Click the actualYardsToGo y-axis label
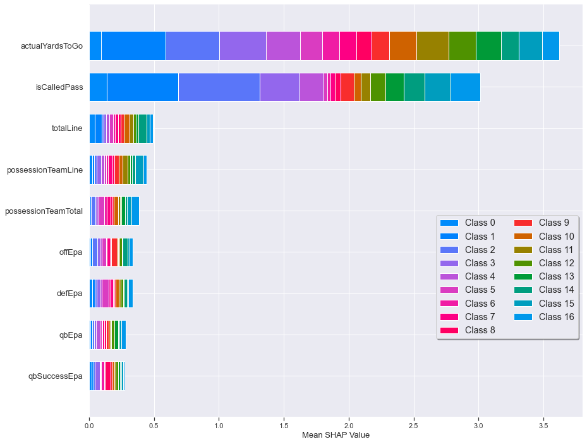pyautogui.click(x=52, y=46)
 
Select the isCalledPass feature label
pyautogui.click(x=59, y=87)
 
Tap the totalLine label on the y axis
pyautogui.click(x=67, y=128)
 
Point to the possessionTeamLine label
pyautogui.click(x=45, y=170)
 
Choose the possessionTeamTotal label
pyautogui.click(x=44, y=211)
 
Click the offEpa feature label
pyautogui.click(x=71, y=252)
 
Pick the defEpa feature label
pyautogui.click(x=70, y=293)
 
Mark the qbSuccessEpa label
pyautogui.click(x=56, y=376)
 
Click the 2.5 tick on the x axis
pyautogui.click(x=414, y=426)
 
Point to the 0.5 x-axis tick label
pyautogui.click(x=154, y=426)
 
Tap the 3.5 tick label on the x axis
pyautogui.click(x=543, y=426)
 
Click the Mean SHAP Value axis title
pyautogui.click(x=336, y=435)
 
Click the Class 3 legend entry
pyautogui.click(x=480, y=262)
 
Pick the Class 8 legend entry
pyautogui.click(x=480, y=330)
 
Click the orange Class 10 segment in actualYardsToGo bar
pyautogui.click(x=402, y=46)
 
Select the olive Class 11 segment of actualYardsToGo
pyautogui.click(x=432, y=46)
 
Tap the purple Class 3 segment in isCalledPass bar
pyautogui.click(x=279, y=87)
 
